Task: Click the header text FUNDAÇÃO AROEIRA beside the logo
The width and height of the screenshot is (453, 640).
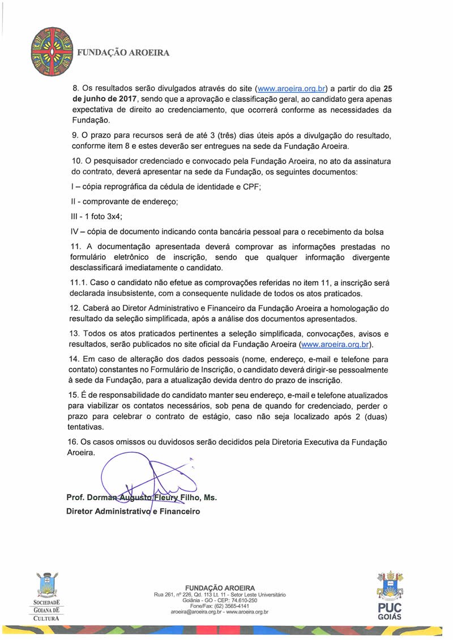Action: [123, 52]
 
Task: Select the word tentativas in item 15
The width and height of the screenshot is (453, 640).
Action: [90, 428]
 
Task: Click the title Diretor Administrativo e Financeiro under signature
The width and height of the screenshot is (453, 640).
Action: [133, 511]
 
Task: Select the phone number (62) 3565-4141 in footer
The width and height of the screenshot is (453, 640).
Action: [229, 606]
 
